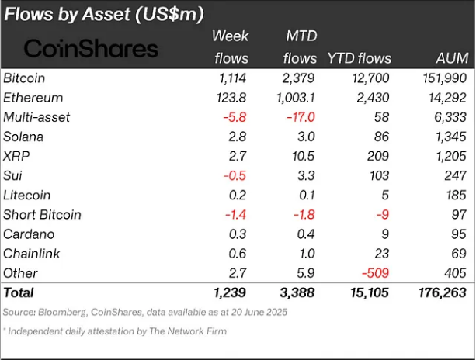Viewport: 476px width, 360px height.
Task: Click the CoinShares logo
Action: click(91, 49)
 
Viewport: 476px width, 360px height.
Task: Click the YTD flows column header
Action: click(360, 58)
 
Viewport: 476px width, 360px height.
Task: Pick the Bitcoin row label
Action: click(24, 78)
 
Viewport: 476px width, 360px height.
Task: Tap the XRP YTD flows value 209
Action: click(379, 156)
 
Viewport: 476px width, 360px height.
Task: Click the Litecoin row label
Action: click(27, 195)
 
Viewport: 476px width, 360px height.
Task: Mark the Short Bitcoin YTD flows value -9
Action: click(384, 215)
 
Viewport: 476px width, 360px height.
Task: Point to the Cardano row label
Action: click(28, 234)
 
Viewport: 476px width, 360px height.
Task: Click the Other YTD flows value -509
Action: click(374, 273)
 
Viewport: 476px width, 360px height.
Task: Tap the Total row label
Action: click(19, 293)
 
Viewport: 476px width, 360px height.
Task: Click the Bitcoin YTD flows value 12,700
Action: click(368, 78)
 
